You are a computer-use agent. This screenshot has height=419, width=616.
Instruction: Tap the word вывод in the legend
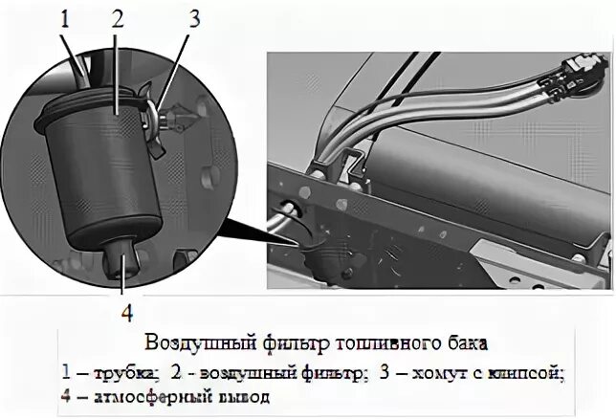pos(241,396)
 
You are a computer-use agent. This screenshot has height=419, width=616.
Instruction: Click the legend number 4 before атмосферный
pos(66,396)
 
